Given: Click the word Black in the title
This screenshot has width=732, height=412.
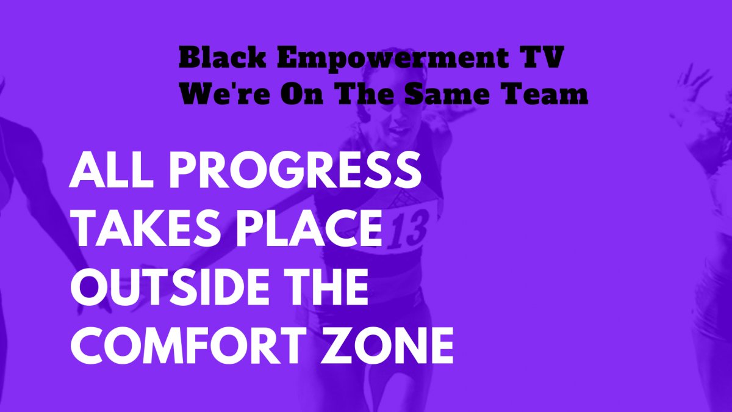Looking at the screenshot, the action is click(x=222, y=58).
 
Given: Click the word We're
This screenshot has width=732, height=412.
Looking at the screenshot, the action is click(x=225, y=93).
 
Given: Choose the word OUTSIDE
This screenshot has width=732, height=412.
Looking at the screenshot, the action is click(x=173, y=286).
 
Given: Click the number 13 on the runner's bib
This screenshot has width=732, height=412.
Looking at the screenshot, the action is click(x=409, y=229).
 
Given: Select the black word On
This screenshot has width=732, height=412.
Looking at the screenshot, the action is click(x=304, y=93).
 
